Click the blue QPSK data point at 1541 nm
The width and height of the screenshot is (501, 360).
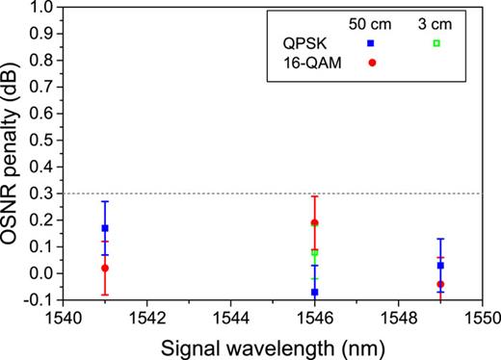pos(104,228)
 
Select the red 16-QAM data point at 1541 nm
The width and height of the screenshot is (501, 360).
pos(104,268)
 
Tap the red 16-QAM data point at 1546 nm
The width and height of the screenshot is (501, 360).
pos(314,222)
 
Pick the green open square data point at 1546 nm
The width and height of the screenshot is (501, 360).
pos(314,253)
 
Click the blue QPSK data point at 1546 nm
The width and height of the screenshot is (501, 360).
pos(314,292)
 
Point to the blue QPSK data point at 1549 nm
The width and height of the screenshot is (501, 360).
pos(440,265)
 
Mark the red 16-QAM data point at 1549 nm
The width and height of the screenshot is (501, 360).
pos(440,284)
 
